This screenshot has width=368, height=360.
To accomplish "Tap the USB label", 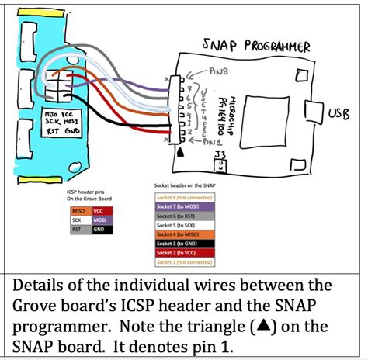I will (339, 114).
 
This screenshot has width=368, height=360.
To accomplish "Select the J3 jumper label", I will (220, 155).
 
